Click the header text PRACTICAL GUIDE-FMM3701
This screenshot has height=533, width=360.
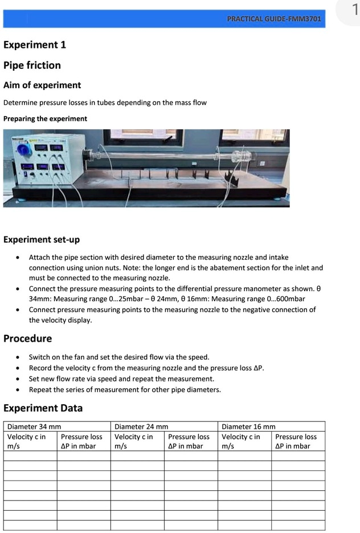[x=274, y=19]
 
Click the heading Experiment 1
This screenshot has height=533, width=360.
[x=35, y=45]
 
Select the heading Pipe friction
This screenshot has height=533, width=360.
[x=32, y=65]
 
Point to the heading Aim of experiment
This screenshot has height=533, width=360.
[x=42, y=85]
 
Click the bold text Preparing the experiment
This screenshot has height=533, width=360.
[x=45, y=119]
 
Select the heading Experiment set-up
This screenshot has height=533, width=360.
[x=42, y=240]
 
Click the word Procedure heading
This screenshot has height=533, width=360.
[x=27, y=339]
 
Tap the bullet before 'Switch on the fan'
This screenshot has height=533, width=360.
[x=19, y=358]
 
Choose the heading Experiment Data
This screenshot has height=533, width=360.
[x=43, y=408]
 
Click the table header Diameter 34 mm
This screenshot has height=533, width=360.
[x=34, y=427]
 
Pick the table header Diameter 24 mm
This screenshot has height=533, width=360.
[x=141, y=427]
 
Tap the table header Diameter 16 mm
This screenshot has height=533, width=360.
[x=248, y=427]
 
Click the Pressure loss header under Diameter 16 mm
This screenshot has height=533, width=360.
[x=296, y=441]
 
